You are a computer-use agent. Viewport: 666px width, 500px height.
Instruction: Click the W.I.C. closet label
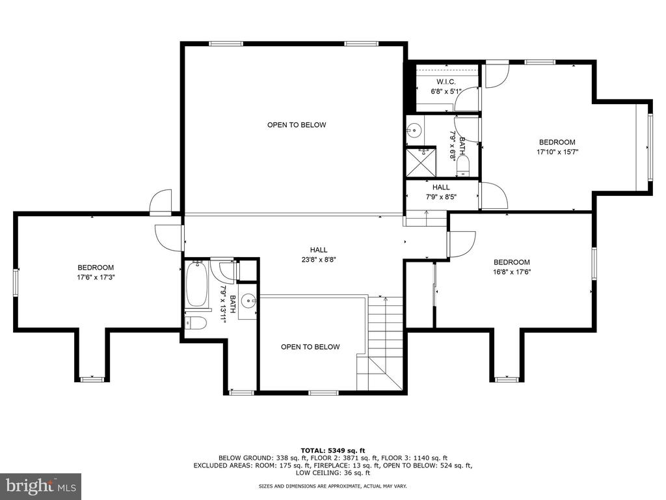click(x=446, y=81)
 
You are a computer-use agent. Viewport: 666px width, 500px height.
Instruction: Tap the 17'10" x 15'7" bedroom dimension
click(x=557, y=151)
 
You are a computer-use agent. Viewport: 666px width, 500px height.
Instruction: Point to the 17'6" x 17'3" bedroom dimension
click(x=96, y=277)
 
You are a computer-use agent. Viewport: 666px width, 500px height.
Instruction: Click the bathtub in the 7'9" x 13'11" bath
click(x=196, y=284)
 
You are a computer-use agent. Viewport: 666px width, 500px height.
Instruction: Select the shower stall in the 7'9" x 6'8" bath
click(x=421, y=161)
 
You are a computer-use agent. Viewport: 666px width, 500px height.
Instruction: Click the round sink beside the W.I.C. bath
click(x=414, y=130)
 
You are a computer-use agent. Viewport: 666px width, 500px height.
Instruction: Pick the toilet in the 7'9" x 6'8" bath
click(x=462, y=166)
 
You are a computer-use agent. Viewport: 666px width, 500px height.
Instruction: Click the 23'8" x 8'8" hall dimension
click(x=318, y=259)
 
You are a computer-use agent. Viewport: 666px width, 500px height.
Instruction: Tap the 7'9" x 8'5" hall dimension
click(x=442, y=197)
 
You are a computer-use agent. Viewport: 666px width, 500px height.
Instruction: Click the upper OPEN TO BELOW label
click(x=297, y=125)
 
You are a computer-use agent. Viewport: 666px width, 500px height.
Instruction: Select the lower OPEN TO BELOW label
click(x=310, y=347)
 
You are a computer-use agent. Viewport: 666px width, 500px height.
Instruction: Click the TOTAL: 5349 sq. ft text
click(x=333, y=451)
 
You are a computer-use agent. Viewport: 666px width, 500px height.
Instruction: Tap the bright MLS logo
click(x=41, y=486)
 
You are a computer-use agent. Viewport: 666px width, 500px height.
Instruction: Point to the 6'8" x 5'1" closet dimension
click(x=446, y=91)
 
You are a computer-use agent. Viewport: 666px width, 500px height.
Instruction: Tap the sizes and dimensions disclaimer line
click(x=333, y=486)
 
